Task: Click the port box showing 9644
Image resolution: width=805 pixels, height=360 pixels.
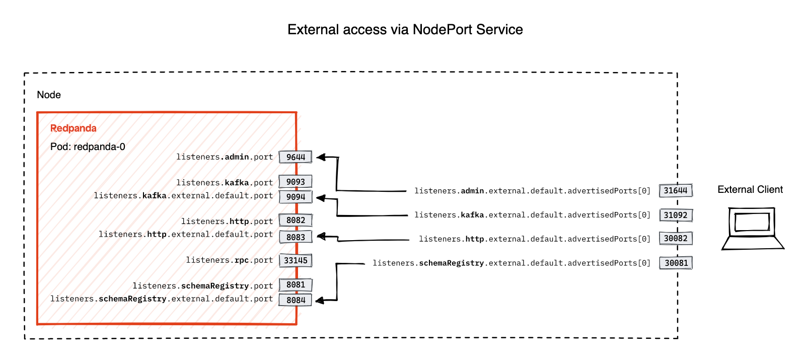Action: coord(296,157)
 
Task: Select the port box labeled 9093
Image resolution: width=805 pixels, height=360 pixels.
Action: coord(296,182)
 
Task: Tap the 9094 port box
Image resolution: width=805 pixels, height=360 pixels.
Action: coord(296,197)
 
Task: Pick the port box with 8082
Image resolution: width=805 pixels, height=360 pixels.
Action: coord(296,220)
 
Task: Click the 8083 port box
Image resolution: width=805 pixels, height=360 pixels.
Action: coord(296,237)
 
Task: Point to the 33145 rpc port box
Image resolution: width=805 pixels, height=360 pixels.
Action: coord(296,260)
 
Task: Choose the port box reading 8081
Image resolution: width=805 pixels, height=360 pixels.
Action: coord(296,285)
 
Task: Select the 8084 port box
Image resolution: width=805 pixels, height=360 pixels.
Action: coord(296,300)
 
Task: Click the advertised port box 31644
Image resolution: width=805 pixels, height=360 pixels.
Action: coord(676,190)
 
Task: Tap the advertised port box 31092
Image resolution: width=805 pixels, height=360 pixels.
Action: coord(676,215)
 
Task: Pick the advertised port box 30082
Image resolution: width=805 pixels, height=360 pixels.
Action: coord(676,238)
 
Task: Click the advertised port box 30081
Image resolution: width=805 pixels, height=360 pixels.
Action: coord(676,263)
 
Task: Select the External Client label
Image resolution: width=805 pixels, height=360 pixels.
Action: coord(750,190)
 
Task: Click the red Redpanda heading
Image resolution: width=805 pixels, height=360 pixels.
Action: coord(74,128)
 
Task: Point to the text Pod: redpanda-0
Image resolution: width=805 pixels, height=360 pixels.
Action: coord(88,147)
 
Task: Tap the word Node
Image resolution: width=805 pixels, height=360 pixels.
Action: coord(49,95)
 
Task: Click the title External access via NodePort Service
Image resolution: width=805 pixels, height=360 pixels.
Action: coord(405,30)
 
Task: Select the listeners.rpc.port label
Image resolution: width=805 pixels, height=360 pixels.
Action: coord(229,260)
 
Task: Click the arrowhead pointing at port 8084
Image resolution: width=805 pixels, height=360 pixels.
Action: coord(319,301)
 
